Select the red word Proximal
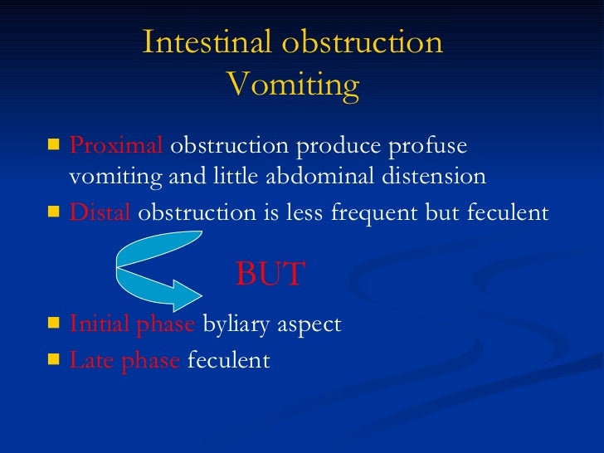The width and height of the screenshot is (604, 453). [x=117, y=146]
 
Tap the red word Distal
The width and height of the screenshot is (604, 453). [x=100, y=212]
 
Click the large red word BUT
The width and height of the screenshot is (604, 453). [x=270, y=275]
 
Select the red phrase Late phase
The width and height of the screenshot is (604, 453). [x=125, y=361]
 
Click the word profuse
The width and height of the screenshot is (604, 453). [x=426, y=146]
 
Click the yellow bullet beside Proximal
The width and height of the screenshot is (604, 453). [x=54, y=146]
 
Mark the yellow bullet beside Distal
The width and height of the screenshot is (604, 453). [x=54, y=212]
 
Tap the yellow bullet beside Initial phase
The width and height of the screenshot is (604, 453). [x=54, y=323]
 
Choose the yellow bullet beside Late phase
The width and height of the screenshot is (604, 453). [x=54, y=360]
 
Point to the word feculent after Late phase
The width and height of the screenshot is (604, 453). [x=229, y=361]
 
